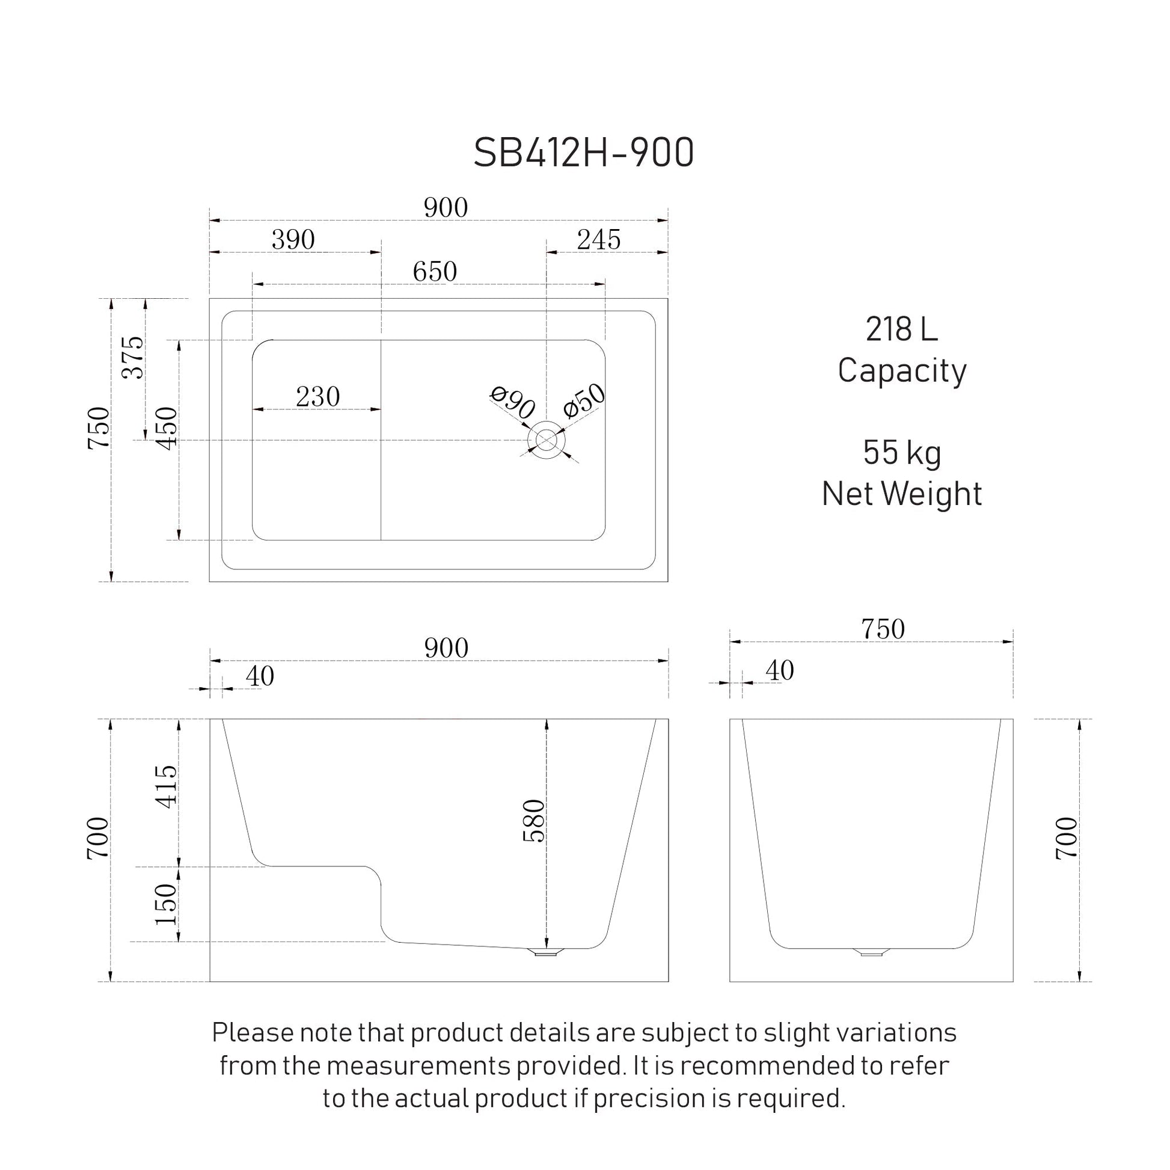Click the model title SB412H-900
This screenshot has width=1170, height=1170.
tap(583, 153)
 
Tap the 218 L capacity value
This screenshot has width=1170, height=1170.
tap(902, 329)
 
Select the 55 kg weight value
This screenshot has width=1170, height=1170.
tap(902, 453)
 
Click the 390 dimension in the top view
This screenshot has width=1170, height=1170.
tap(293, 240)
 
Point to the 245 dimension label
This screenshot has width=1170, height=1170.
tap(598, 240)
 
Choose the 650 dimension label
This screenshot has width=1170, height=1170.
tap(435, 271)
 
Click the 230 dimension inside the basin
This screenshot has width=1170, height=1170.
tap(318, 397)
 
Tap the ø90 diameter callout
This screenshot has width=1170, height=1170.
tap(512, 402)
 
